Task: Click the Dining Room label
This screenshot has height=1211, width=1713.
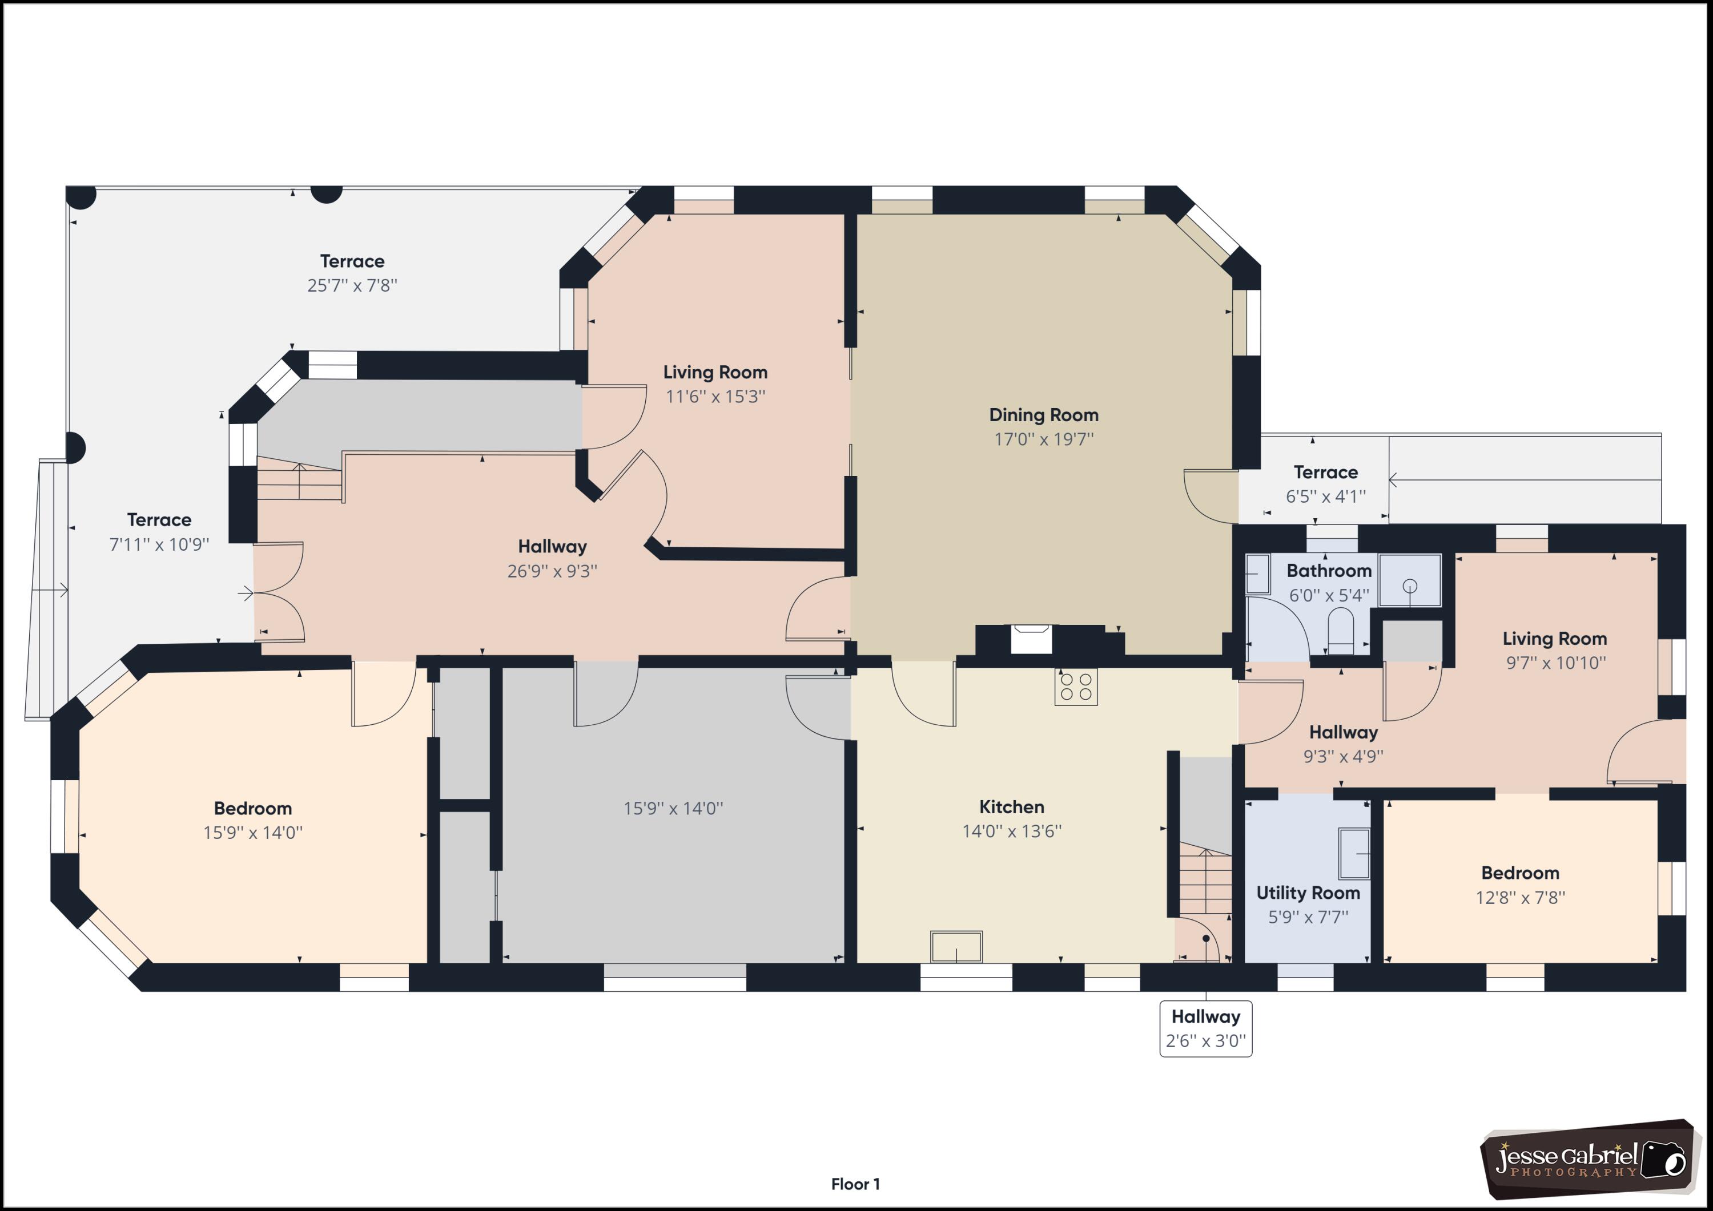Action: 1044,426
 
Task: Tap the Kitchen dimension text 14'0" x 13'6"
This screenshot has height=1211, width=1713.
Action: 1012,831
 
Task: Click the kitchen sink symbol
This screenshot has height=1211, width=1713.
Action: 956,946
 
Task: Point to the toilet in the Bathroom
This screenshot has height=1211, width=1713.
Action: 1340,630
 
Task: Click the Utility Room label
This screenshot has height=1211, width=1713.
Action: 1308,893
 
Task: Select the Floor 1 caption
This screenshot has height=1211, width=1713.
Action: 856,1184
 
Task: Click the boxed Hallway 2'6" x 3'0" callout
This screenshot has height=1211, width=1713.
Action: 1205,1028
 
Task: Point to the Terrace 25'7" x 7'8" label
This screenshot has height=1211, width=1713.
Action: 352,273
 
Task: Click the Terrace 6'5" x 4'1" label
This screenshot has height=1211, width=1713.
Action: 1326,484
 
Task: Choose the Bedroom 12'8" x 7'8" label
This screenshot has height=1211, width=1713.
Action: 1520,885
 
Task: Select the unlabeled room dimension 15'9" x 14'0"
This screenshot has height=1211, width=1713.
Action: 673,808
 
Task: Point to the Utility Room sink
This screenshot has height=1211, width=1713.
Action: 1354,854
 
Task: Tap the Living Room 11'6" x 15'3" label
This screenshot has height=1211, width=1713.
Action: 715,384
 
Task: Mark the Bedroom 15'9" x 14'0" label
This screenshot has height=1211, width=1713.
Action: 253,820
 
